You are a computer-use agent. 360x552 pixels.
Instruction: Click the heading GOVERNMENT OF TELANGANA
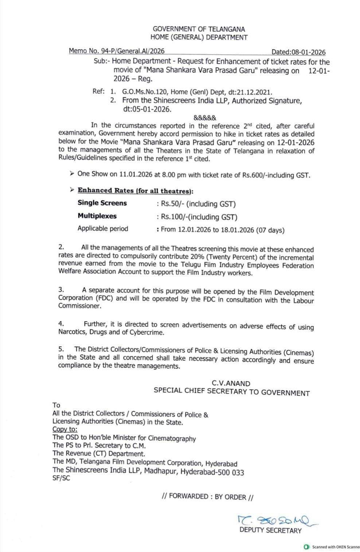(199, 29)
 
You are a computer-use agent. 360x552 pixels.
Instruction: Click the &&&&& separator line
(205, 118)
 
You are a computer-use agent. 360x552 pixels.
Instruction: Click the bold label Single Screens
(102, 203)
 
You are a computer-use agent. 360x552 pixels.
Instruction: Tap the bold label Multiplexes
(97, 216)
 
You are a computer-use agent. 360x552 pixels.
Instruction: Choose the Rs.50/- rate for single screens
(173, 204)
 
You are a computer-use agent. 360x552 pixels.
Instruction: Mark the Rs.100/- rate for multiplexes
(175, 217)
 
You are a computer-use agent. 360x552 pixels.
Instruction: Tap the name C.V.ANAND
(231, 383)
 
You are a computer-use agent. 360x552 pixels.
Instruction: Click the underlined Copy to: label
(65, 430)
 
